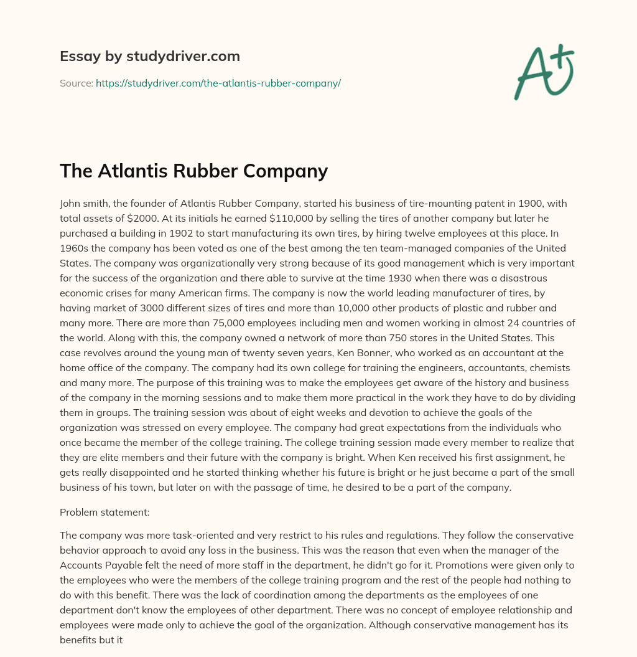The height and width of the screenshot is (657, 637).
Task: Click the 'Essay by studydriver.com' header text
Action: [x=149, y=57]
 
